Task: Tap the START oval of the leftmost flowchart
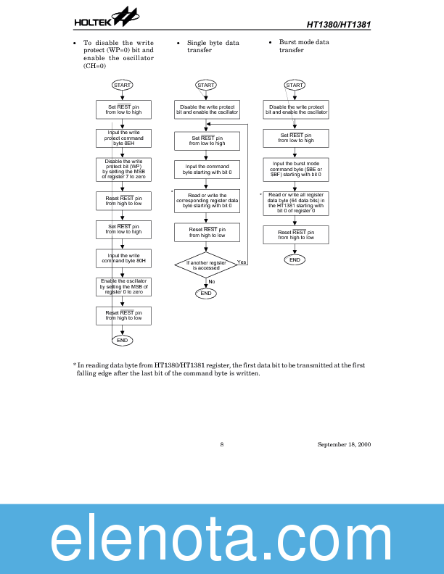tap(122, 85)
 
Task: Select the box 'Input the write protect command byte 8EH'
tap(123, 138)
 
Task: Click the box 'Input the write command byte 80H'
tap(123, 258)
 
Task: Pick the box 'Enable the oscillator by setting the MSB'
tap(123, 287)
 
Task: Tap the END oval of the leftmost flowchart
tap(122, 340)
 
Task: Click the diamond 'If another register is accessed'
tap(206, 265)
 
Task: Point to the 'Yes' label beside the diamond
tap(242, 262)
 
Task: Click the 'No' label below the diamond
tap(212, 281)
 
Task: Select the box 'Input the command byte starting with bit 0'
tap(207, 170)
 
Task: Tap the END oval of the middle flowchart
tap(206, 294)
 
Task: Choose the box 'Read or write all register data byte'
tap(295, 202)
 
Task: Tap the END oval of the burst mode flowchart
tap(295, 259)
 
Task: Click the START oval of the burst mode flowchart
tap(295, 85)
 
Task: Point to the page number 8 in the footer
tap(221, 444)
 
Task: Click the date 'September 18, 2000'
tap(344, 444)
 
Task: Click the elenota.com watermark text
tap(222, 538)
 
